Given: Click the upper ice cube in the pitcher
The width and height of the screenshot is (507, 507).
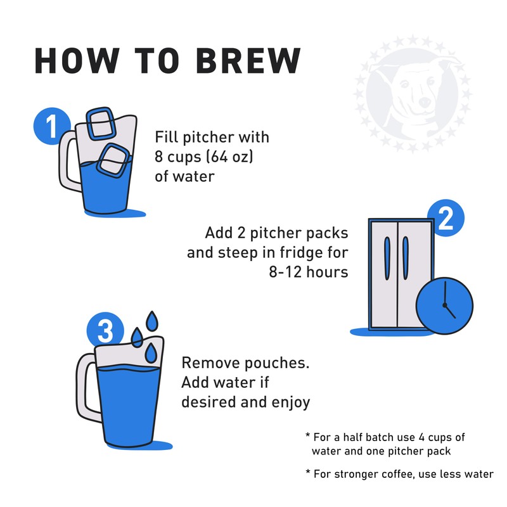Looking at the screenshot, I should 101,124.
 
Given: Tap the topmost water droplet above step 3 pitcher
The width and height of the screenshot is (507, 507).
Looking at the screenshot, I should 151,321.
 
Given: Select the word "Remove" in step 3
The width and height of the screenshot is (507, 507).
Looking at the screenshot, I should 210,364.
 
